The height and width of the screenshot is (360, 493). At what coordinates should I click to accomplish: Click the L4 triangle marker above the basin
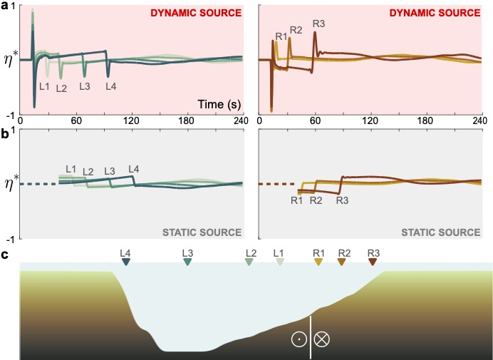point(126,262)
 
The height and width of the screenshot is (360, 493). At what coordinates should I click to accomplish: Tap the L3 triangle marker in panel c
point(187,262)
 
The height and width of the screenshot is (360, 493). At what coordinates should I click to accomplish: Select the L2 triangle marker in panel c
point(249,262)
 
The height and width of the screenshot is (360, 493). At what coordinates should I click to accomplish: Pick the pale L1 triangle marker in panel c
point(279,262)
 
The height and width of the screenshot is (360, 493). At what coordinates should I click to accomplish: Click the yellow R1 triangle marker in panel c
point(318,262)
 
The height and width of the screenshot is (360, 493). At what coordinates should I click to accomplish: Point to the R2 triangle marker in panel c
point(343,262)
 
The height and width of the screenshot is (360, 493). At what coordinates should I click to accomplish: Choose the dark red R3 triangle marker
point(373,262)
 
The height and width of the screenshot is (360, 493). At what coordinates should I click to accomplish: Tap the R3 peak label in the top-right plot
point(318,24)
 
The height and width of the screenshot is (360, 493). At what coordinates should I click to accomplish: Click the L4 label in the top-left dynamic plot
point(110,86)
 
